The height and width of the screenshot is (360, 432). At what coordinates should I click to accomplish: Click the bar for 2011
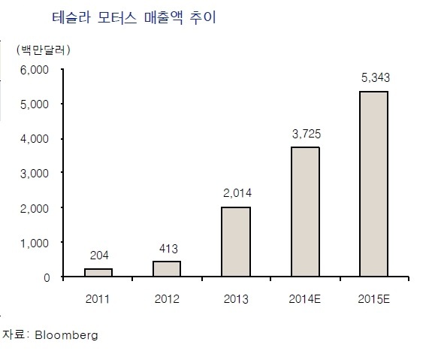(x=98, y=272)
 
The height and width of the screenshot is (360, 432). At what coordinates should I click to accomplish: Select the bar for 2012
(x=167, y=268)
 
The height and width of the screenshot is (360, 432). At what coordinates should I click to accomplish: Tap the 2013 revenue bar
(x=236, y=241)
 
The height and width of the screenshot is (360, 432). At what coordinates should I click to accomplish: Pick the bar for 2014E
(x=306, y=212)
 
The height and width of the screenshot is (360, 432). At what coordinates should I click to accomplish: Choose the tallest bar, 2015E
(x=374, y=183)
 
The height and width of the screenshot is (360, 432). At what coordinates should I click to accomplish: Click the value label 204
(x=99, y=256)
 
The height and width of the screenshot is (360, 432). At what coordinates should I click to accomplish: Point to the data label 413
(x=168, y=249)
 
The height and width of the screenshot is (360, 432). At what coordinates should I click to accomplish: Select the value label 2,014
(x=237, y=193)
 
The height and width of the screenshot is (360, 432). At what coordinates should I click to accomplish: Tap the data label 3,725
(x=307, y=134)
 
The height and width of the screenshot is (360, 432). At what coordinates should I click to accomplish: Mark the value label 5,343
(x=376, y=77)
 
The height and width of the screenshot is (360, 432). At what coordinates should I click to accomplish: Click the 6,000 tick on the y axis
(x=35, y=70)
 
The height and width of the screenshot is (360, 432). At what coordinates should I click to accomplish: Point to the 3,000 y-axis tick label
(x=35, y=174)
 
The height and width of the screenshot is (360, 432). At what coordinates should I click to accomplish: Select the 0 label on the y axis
(x=47, y=277)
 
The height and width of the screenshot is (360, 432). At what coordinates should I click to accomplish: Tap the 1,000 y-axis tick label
(x=35, y=243)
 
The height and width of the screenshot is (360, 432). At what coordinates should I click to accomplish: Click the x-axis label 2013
(x=236, y=299)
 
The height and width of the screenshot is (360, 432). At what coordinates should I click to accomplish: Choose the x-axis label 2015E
(x=374, y=299)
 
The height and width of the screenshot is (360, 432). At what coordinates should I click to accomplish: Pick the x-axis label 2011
(x=98, y=299)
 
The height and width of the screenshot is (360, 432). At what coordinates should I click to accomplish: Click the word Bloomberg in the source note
(x=66, y=335)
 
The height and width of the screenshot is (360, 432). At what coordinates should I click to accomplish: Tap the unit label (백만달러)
(x=44, y=50)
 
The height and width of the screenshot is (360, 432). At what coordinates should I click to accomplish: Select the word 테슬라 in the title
(x=71, y=17)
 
